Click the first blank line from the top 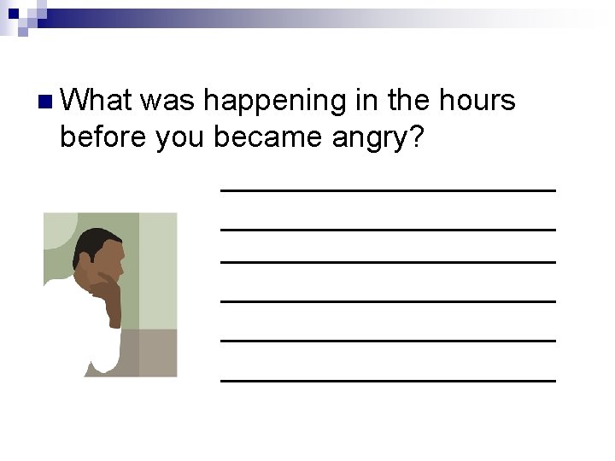[x=388, y=189]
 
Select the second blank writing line [x=388, y=228]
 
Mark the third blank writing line [x=388, y=261]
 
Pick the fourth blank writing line [x=388, y=301]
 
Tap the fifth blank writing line [x=388, y=340]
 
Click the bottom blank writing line [x=388, y=379]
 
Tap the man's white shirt [x=98, y=341]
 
